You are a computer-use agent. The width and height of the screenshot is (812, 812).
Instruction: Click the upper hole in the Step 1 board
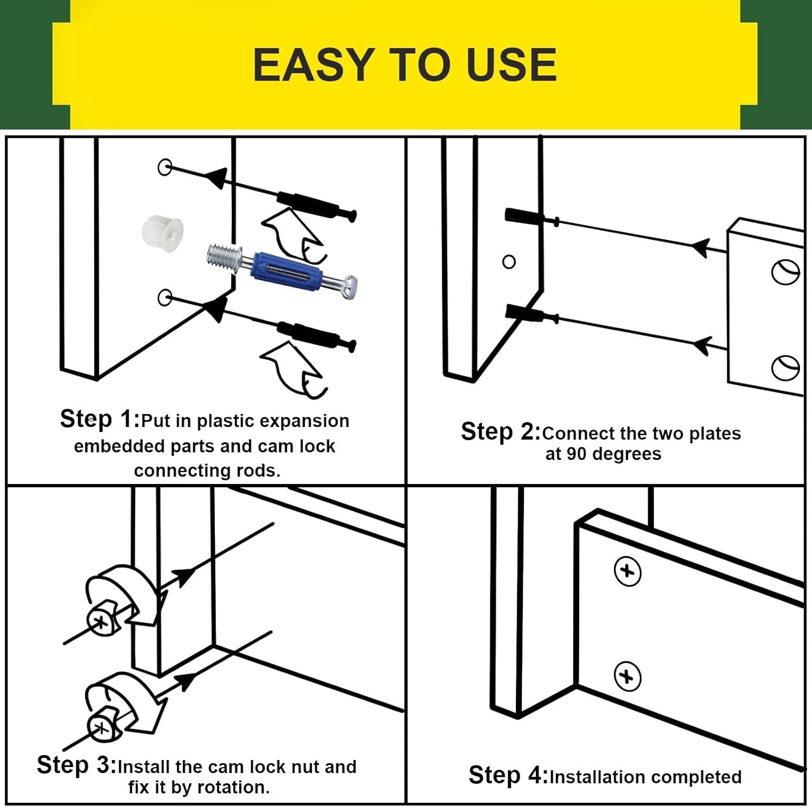pos(165,167)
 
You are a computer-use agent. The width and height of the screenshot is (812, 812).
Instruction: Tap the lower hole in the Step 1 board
pos(164,297)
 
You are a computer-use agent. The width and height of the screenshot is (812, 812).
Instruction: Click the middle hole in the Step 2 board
pos(509,262)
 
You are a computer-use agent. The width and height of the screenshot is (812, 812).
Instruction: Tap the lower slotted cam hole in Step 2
pos(785,368)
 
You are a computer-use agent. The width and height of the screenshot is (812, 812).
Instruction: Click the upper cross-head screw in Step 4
pos(627,571)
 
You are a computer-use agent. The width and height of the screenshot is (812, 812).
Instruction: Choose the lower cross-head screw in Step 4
pos(627,677)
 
